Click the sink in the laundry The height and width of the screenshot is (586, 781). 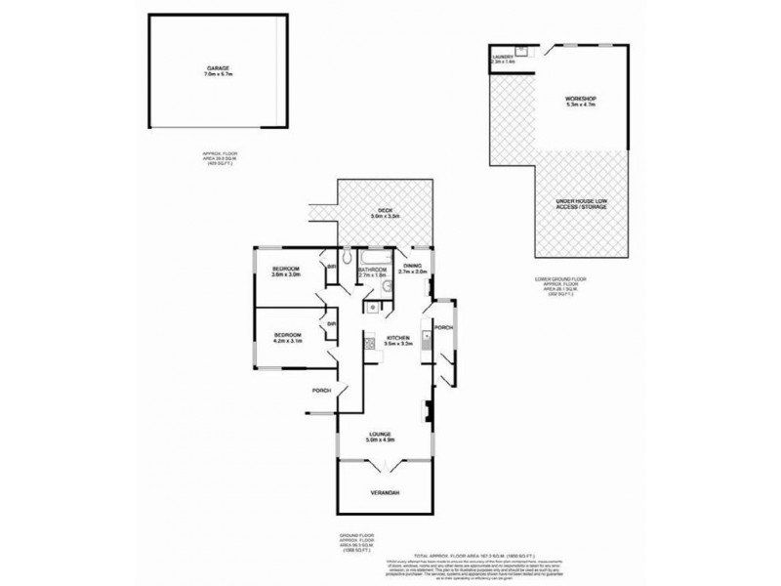point(521,50)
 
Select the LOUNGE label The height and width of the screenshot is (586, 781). point(380,438)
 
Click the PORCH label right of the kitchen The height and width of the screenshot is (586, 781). point(444,328)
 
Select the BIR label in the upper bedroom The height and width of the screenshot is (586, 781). point(332,266)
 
